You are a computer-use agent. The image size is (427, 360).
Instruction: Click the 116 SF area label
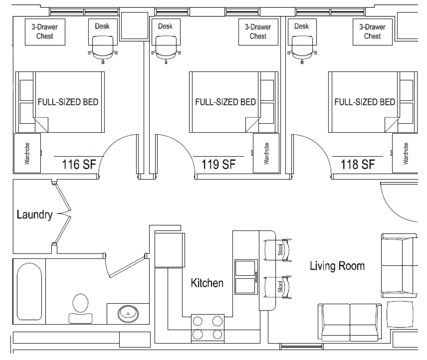pyautogui.click(x=79, y=165)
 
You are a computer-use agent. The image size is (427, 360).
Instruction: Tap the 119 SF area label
pyautogui.click(x=218, y=165)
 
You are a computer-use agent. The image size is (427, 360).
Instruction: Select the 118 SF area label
pyautogui.click(x=358, y=165)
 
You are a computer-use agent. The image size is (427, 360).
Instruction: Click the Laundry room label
pyautogui.click(x=34, y=215)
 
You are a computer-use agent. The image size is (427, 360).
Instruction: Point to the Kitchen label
pyautogui.click(x=207, y=283)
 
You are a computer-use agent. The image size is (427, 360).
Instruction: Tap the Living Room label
pyautogui.click(x=337, y=266)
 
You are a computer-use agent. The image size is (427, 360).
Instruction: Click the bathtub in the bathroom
pyautogui.click(x=29, y=291)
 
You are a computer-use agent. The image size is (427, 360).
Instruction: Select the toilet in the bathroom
pyautogui.click(x=80, y=309)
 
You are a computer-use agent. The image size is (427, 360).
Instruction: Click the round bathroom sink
pyautogui.click(x=128, y=314)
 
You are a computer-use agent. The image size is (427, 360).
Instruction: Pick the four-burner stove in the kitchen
pyautogui.click(x=207, y=328)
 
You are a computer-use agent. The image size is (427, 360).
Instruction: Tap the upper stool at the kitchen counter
pyautogui.click(x=278, y=250)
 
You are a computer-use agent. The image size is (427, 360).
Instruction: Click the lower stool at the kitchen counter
pyautogui.click(x=278, y=287)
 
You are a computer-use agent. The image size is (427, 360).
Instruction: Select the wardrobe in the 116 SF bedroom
pyautogui.click(x=27, y=153)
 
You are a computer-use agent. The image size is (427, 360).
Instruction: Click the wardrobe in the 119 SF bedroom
pyautogui.click(x=266, y=153)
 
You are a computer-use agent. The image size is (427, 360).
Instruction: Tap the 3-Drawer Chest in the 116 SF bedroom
pyautogui.click(x=45, y=32)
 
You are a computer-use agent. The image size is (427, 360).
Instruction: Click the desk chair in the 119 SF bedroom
pyautogui.click(x=166, y=49)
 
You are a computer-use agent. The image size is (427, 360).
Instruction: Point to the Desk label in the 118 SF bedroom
pyautogui.click(x=302, y=26)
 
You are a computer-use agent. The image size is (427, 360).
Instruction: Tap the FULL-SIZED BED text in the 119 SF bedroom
pyautogui.click(x=225, y=102)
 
